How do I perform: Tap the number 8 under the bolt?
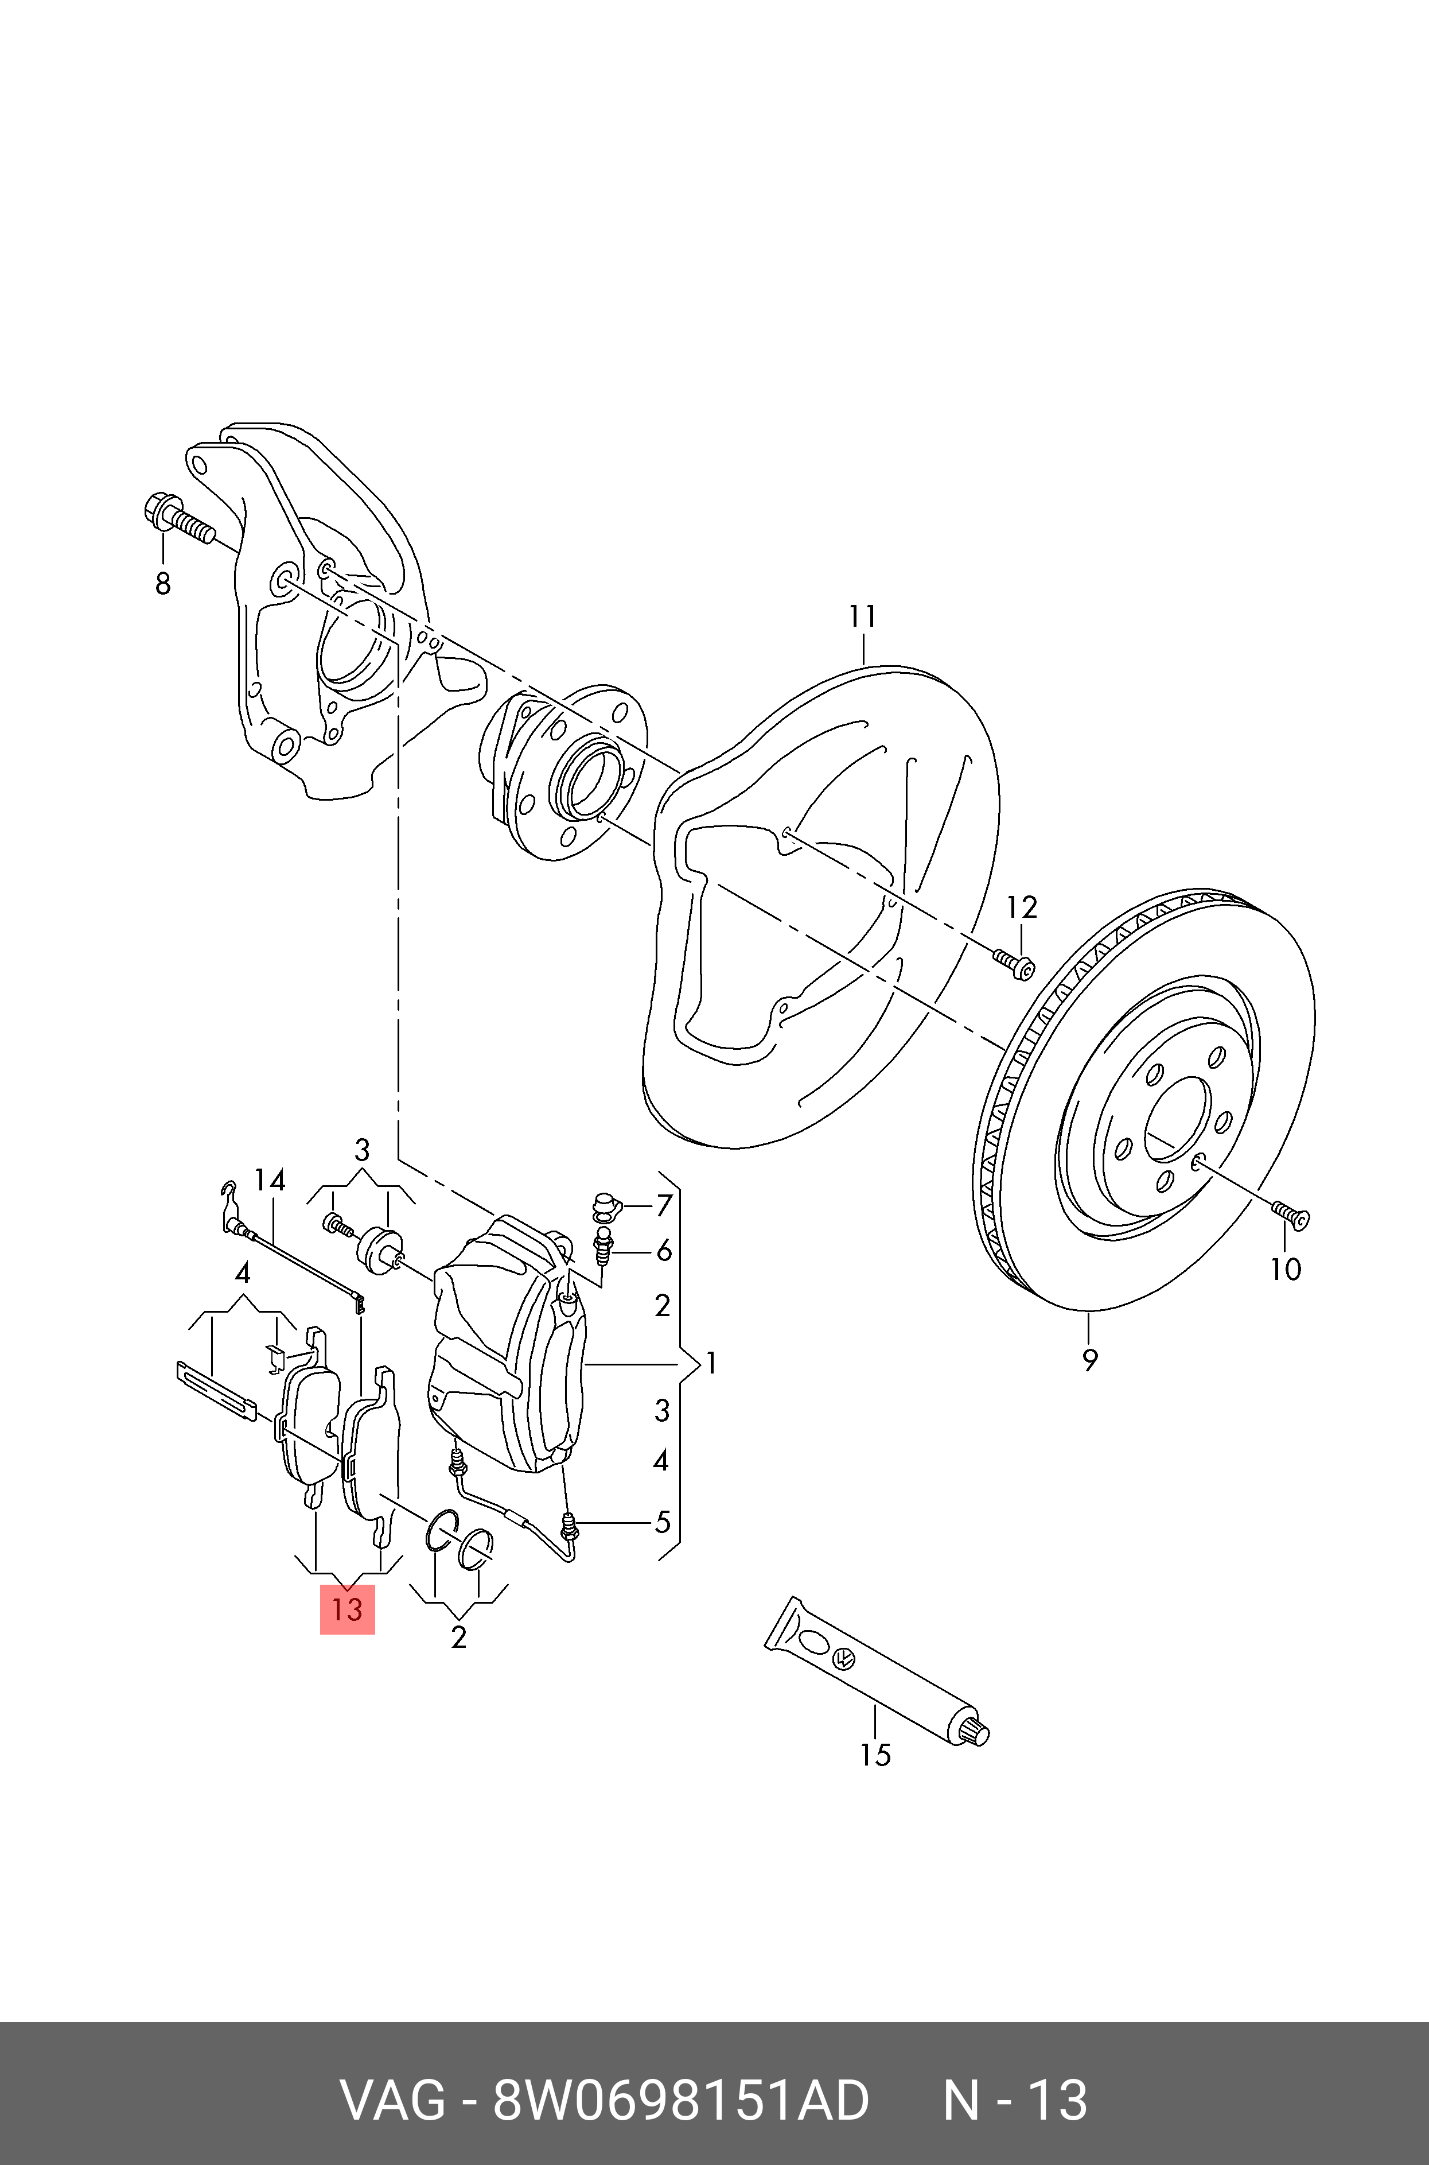pos(163,583)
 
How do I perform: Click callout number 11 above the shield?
pos(862,617)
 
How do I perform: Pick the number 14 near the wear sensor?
pos(270,1181)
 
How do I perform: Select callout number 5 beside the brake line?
pos(663,1522)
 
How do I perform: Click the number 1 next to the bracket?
pos(711,1364)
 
